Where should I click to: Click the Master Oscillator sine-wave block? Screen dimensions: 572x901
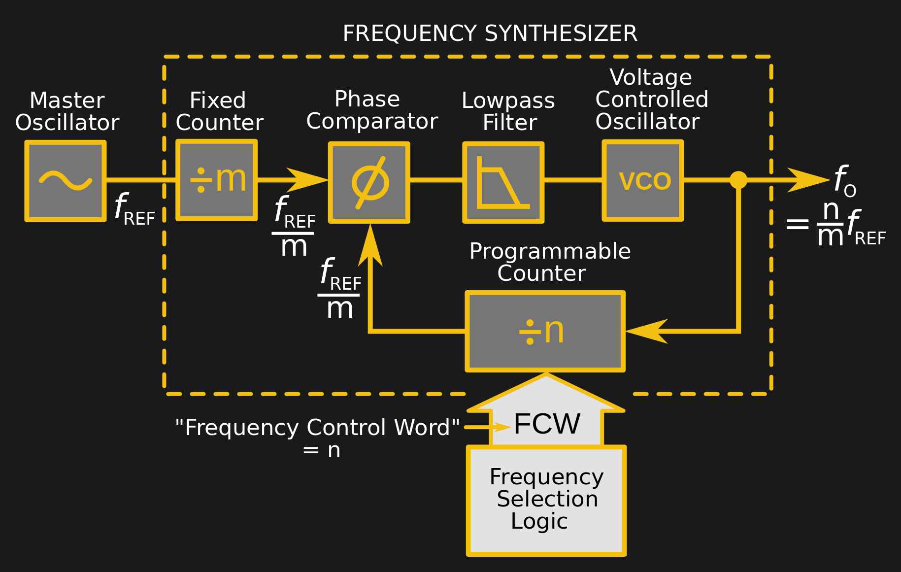coord(66,181)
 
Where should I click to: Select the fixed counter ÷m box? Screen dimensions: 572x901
coord(217,180)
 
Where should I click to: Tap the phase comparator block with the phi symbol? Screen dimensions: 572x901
coord(369,182)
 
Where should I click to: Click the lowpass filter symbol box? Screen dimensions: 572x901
coord(503,182)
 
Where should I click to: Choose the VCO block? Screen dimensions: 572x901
coord(642,180)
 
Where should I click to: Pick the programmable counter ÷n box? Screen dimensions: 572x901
coord(545,331)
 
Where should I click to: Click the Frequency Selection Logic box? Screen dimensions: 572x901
coord(546,501)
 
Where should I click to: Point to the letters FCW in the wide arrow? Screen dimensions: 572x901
coord(547,424)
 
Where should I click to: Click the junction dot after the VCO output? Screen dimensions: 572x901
coord(738,180)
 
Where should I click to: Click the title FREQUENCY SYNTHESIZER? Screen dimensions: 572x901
coord(490,34)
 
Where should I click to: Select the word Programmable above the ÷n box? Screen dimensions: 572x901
coord(550,251)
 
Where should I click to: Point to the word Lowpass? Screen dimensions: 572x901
coord(508,101)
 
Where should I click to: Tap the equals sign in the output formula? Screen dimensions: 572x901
coord(797,225)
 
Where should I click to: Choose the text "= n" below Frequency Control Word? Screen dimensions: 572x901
coord(321,450)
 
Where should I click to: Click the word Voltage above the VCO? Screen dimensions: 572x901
coord(650,77)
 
